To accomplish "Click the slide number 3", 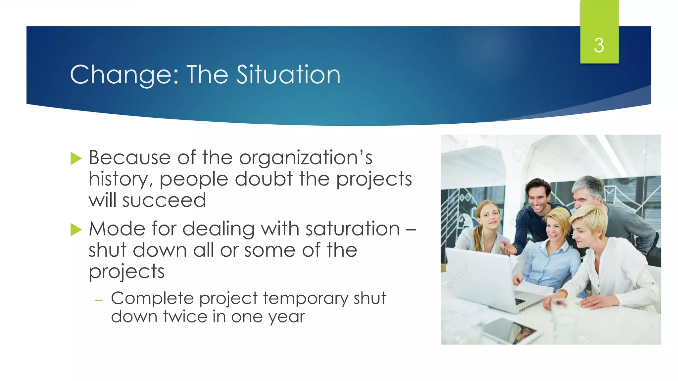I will pyautogui.click(x=599, y=45).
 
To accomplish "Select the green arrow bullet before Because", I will pyautogui.click(x=76, y=158).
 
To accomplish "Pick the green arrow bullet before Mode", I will pyautogui.click(x=76, y=230).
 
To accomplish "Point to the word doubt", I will pyautogui.click(x=264, y=179).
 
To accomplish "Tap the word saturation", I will pyautogui.click(x=353, y=229).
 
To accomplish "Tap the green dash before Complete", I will pyautogui.click(x=98, y=300).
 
